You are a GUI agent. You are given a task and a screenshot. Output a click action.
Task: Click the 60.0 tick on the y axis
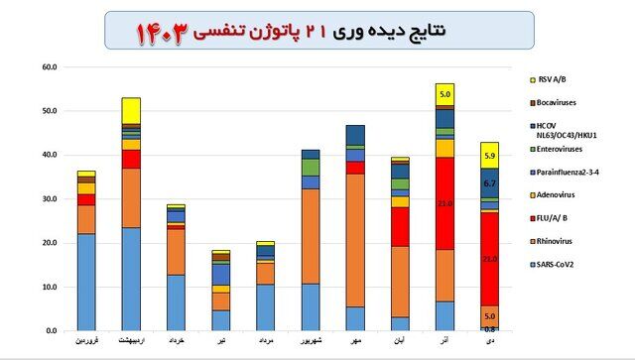[50, 67]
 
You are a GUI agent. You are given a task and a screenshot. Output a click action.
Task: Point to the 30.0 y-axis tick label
[50, 198]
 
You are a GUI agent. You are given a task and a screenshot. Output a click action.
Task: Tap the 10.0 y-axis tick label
[50, 287]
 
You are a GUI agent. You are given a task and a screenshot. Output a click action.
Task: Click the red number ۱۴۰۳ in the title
[165, 33]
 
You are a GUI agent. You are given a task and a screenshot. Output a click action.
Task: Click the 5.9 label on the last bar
[488, 155]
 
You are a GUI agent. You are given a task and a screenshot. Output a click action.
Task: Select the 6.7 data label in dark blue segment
[488, 183]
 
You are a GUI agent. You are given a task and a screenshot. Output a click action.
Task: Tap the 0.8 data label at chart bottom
[488, 327]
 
